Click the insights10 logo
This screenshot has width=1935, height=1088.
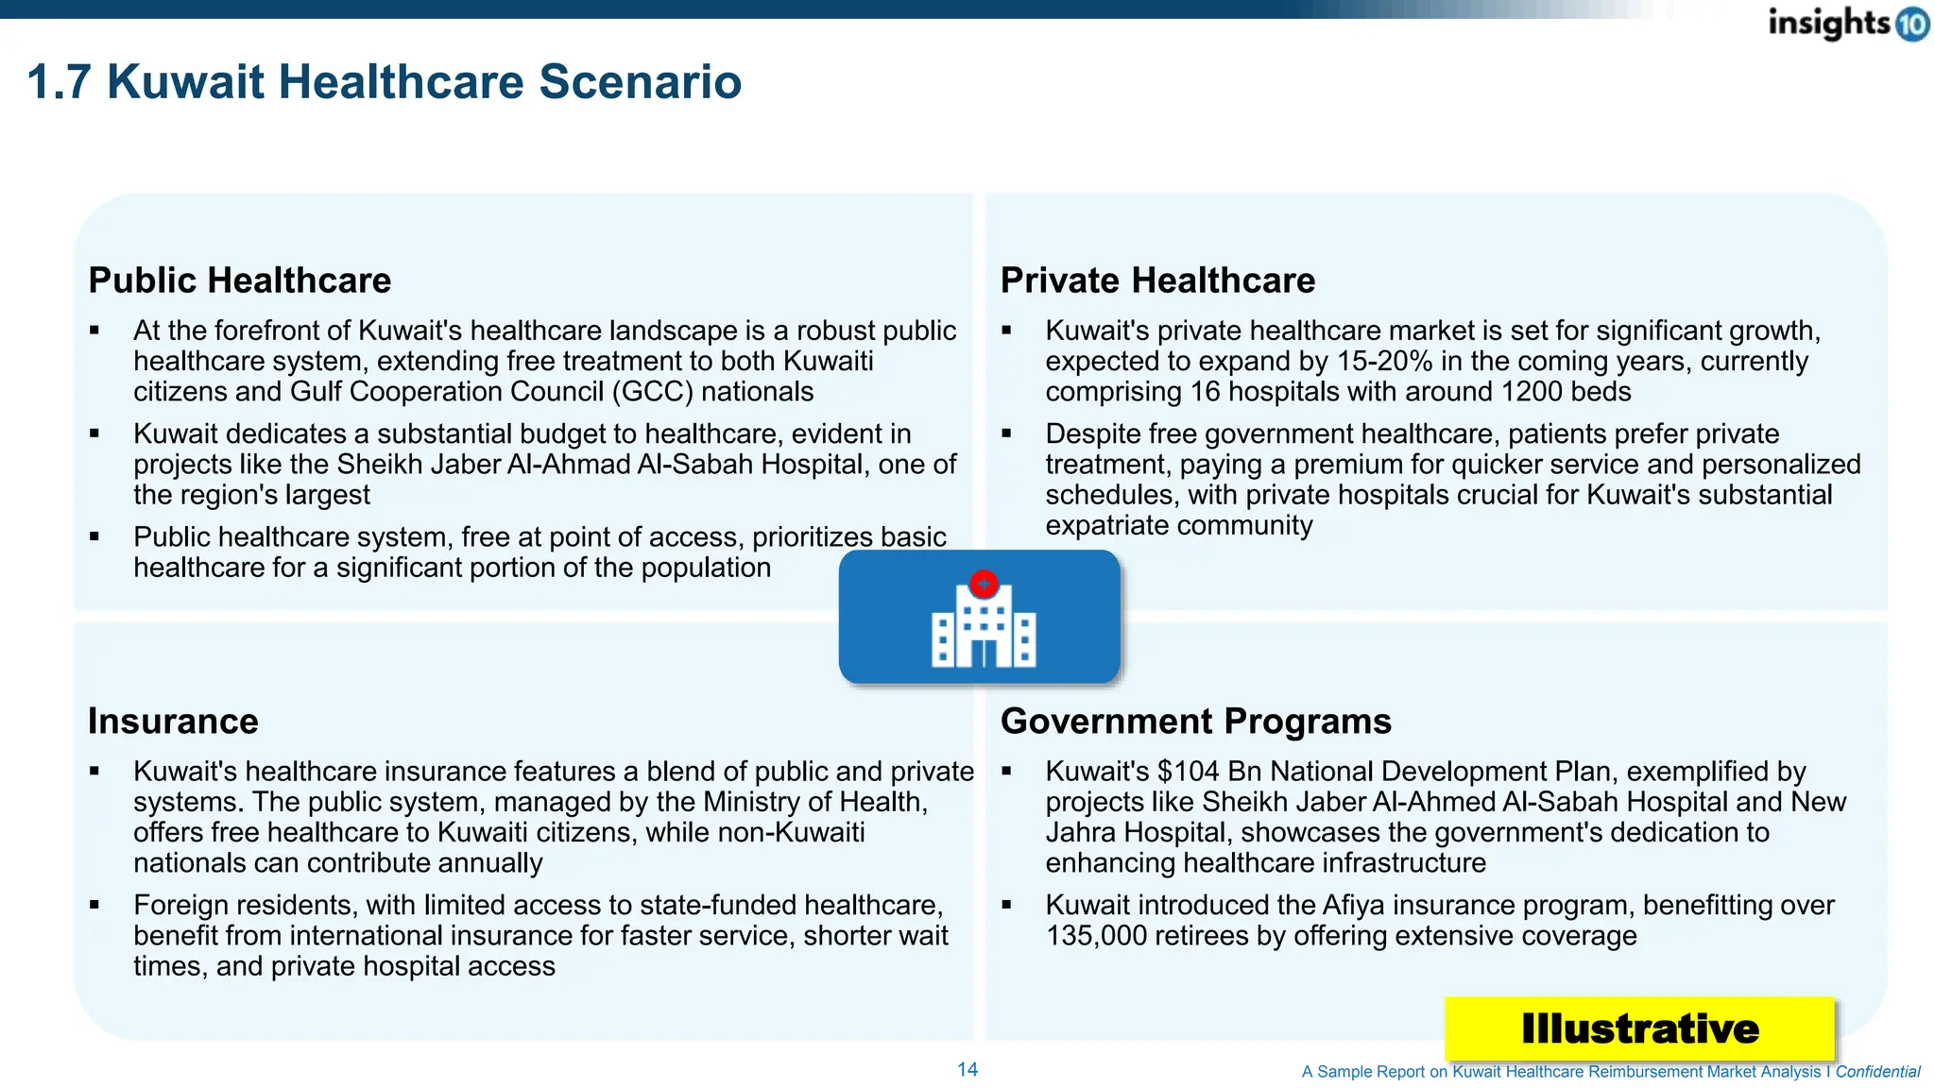point(1847,23)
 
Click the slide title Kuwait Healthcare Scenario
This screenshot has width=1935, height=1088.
point(384,81)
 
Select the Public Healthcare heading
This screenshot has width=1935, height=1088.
point(239,280)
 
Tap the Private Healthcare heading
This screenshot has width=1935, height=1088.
point(1157,280)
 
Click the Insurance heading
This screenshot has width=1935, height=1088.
point(173,722)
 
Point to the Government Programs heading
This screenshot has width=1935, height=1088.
point(1195,722)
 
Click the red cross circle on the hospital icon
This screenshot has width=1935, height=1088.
point(984,584)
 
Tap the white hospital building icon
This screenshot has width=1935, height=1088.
point(983,628)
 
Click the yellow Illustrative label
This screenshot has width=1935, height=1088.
point(1639,1028)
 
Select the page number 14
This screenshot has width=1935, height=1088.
point(967,1069)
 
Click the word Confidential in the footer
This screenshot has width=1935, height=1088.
point(1877,1072)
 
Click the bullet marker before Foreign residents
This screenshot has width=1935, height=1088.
point(94,905)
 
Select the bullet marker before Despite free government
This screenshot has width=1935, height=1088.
point(1006,433)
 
